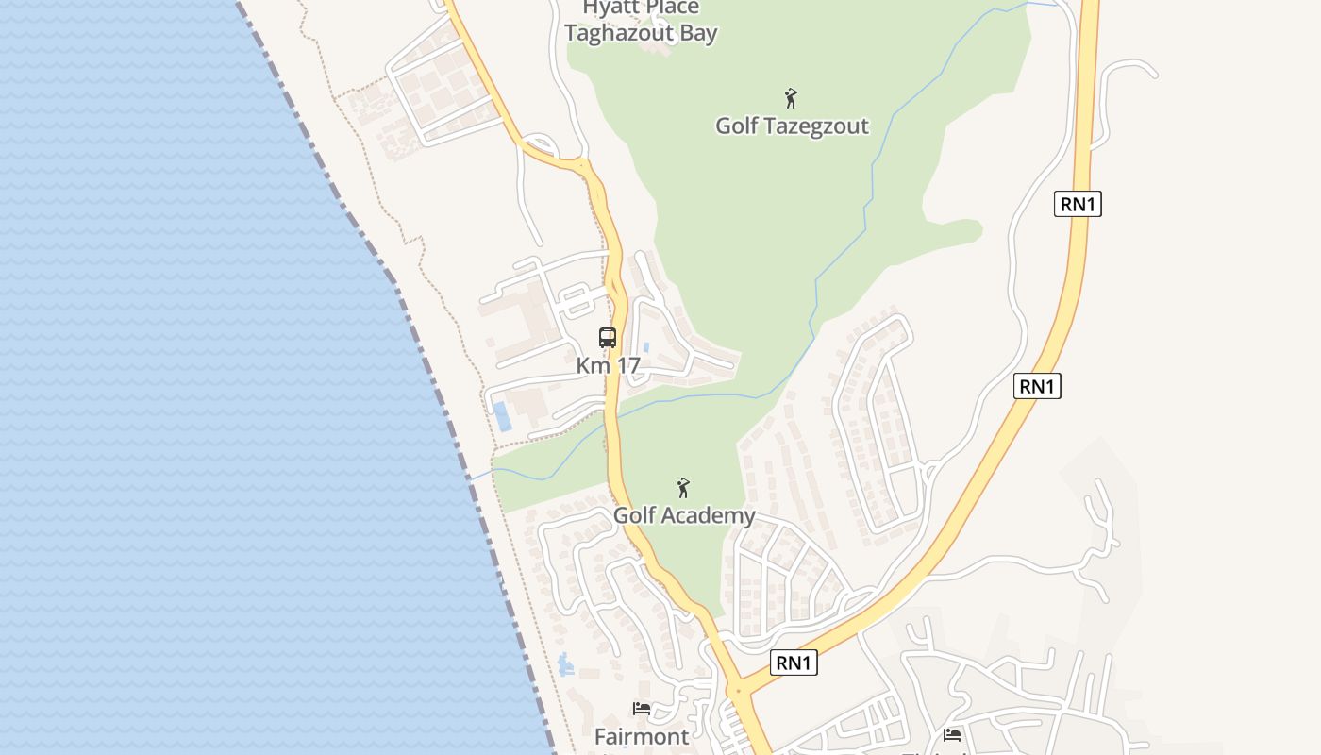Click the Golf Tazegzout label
(792, 126)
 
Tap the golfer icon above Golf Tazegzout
(791, 97)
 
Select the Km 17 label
(608, 365)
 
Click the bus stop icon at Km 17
(608, 338)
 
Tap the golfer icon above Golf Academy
(683, 488)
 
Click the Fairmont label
(642, 735)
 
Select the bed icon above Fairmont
(642, 708)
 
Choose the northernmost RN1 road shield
(1078, 204)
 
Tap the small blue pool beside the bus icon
(646, 347)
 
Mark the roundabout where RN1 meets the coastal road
(738, 692)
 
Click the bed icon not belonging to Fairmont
(952, 734)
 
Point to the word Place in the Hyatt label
(671, 8)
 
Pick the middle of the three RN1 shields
(1037, 385)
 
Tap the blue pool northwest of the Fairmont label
(566, 665)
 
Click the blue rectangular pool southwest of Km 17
(504, 416)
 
